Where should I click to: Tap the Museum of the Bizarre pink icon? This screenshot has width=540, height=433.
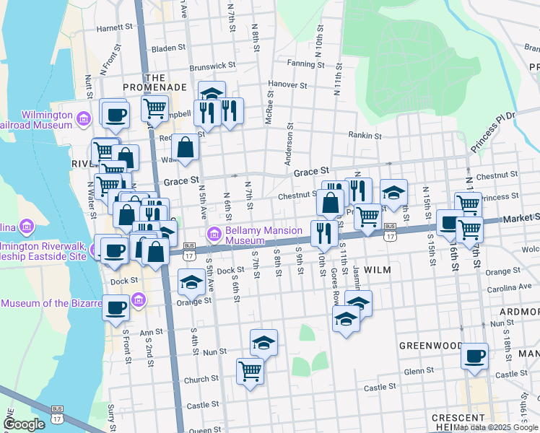pos(139,299)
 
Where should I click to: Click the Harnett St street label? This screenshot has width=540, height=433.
pos(116,28)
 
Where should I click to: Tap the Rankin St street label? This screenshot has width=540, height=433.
pos(365,135)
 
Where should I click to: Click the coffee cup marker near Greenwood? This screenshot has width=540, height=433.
pos(474,356)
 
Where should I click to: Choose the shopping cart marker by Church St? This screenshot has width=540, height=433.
pos(250,371)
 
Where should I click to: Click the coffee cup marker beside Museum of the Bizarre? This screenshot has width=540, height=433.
pos(116,307)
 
